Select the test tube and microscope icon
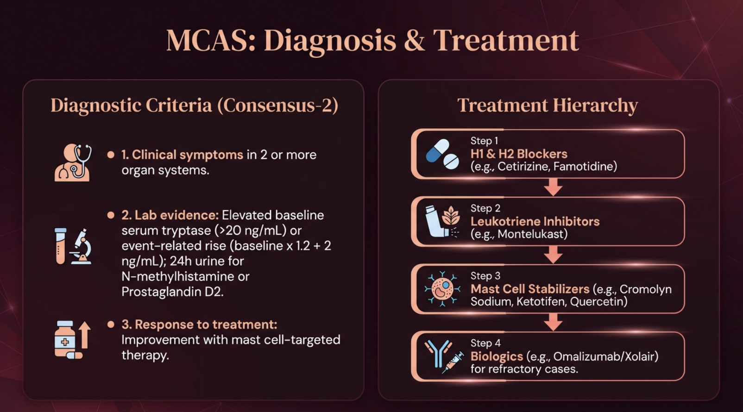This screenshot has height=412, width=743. coord(73,246)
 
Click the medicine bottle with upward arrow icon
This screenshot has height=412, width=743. coord(72,340)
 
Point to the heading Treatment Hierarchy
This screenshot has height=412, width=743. coord(548,106)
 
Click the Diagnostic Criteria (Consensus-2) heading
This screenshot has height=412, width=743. coord(194,106)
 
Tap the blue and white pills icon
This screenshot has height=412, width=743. coord(442,154)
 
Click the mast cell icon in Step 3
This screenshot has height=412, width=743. coord(442,289)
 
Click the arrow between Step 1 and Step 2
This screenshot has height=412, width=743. coord(553,187)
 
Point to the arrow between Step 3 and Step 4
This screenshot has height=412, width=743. coord(553,322)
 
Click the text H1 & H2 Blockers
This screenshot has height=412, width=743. coord(519,154)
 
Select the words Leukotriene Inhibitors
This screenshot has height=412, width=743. coord(535,221)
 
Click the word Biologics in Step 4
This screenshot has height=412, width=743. coord(497,356)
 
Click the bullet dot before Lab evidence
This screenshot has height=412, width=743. coord(111,215)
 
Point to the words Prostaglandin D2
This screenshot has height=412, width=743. coord(172,292)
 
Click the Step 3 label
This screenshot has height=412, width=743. coord(485,276)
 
